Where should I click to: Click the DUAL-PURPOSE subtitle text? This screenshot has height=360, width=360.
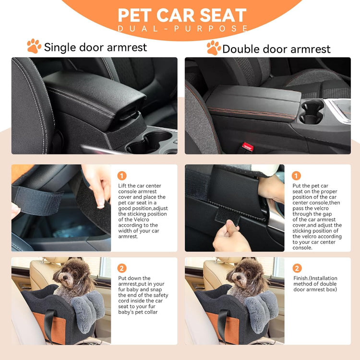183,29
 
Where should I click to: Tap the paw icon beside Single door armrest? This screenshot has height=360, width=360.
34,47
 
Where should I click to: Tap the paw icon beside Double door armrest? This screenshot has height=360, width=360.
214,48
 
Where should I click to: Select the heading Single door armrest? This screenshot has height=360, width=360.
96,48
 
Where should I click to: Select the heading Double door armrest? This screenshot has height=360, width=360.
276,49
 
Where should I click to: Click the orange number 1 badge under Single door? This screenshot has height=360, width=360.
122,176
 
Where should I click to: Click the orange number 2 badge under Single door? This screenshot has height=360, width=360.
122,268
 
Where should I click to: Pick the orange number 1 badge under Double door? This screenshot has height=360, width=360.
296,176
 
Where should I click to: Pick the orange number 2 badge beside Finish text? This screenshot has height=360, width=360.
297,268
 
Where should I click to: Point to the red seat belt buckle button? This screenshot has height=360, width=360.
247,146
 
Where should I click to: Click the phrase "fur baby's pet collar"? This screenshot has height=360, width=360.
138,312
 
